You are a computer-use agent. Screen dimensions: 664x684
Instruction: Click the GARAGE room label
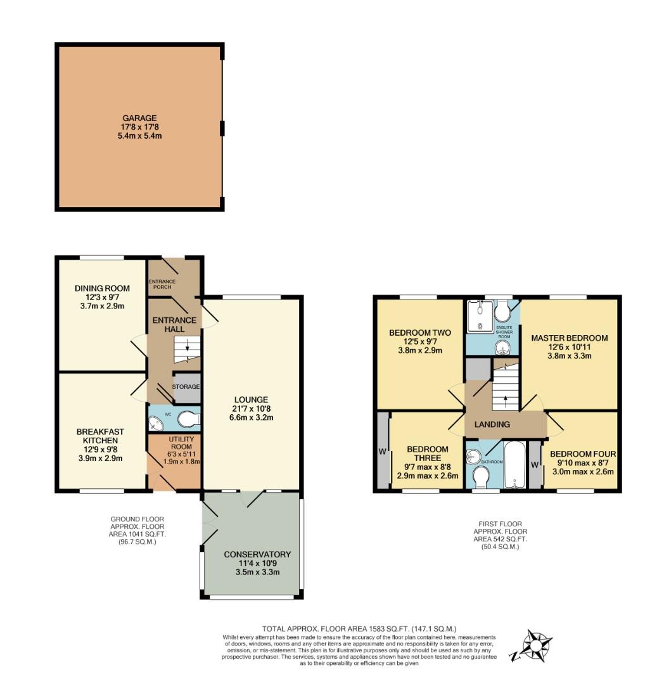tap(139, 118)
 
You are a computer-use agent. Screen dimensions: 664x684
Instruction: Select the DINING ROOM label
tap(102, 288)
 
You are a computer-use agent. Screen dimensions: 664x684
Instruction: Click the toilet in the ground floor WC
tap(188, 419)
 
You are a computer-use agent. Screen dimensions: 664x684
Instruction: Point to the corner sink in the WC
tap(155, 423)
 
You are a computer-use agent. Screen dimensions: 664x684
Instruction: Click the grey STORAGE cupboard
tap(187, 388)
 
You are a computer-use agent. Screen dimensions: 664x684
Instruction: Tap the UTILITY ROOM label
tap(181, 443)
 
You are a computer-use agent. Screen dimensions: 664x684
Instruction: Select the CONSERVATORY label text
tap(257, 554)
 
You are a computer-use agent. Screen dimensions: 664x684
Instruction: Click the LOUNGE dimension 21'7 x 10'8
tap(251, 408)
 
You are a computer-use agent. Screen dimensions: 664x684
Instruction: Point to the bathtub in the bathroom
tap(515, 465)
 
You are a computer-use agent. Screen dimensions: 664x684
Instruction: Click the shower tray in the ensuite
tap(479, 315)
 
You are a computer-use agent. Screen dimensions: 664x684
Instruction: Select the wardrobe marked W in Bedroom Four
tap(535, 465)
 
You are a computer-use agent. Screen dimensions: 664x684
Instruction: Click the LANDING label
tap(492, 424)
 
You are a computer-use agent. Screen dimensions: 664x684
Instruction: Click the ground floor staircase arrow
tap(188, 346)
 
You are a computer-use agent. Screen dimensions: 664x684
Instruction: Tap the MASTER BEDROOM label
tap(570, 338)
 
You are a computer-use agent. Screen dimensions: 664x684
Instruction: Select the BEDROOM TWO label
tap(420, 333)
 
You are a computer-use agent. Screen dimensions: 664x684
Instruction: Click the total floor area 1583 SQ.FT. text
tap(359, 629)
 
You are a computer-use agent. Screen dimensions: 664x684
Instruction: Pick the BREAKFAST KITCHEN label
tap(100, 436)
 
